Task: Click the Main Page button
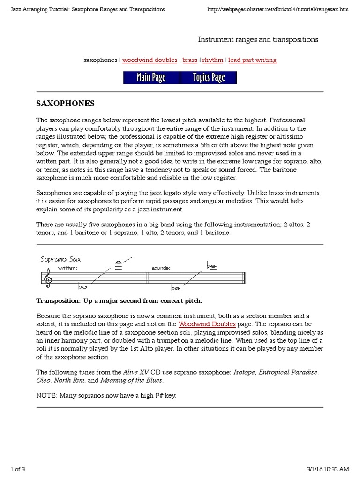coord(151,78)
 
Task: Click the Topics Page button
coord(209,78)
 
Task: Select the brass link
coord(190,60)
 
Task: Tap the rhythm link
coord(213,60)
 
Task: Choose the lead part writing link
coord(252,60)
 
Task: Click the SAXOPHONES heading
coord(66,103)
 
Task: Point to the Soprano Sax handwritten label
coord(60,259)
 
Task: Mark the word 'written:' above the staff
coord(67,268)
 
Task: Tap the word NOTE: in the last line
coord(45,396)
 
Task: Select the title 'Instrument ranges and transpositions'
coord(258,39)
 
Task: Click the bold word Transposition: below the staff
coord(59,300)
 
